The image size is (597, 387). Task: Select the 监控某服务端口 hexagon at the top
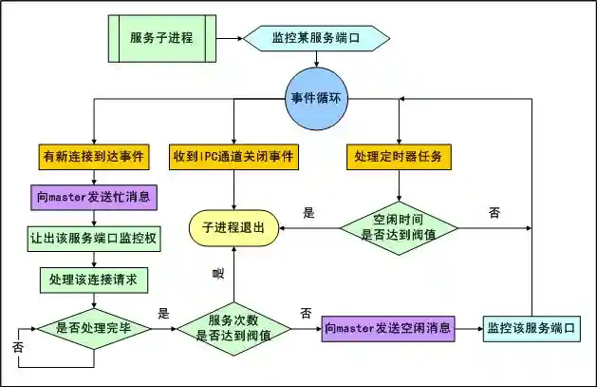click(x=316, y=38)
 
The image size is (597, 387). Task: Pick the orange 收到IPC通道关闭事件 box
click(x=233, y=155)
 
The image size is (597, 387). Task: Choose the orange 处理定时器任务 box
click(x=398, y=155)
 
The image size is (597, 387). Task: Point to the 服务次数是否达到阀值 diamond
click(x=233, y=328)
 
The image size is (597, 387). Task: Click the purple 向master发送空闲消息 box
click(x=386, y=328)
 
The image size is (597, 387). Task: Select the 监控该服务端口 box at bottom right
click(x=531, y=328)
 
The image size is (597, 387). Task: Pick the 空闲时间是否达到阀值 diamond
click(x=398, y=228)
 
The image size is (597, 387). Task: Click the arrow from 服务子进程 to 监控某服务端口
click(x=226, y=38)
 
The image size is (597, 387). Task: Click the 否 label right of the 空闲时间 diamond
click(x=494, y=213)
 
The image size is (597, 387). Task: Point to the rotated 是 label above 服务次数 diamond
click(x=218, y=274)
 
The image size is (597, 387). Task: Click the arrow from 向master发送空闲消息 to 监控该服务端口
click(x=468, y=328)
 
